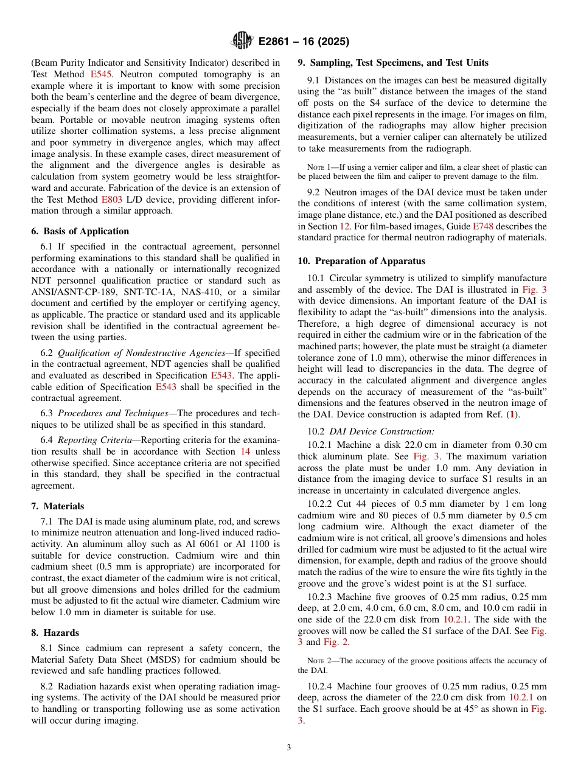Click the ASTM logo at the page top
(242, 41)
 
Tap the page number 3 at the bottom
(289, 748)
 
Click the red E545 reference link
(101, 74)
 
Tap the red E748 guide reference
(483, 226)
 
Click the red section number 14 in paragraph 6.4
(245, 451)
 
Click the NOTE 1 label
(318, 167)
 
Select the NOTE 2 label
(318, 660)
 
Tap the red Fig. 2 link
(335, 642)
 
